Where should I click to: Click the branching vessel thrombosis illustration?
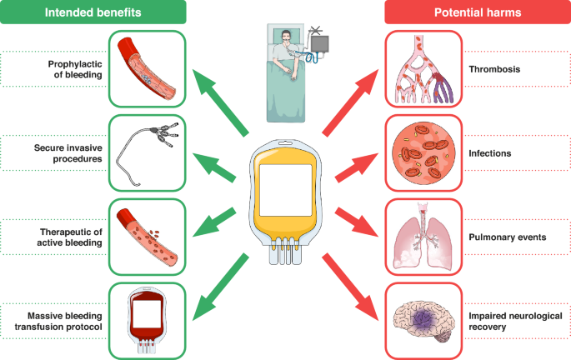tap(423, 69)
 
